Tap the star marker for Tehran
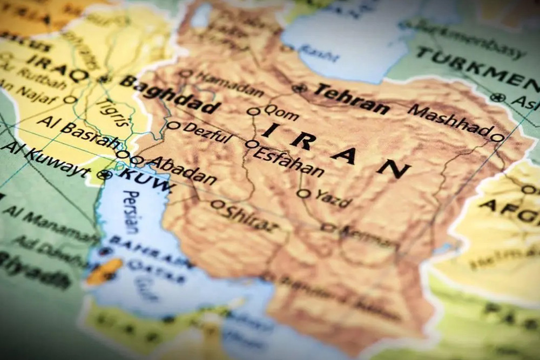(299, 87)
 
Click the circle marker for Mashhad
(497, 138)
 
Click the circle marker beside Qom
(254, 112)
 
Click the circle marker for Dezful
(173, 125)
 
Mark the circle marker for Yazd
(304, 193)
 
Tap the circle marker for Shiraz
(218, 205)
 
